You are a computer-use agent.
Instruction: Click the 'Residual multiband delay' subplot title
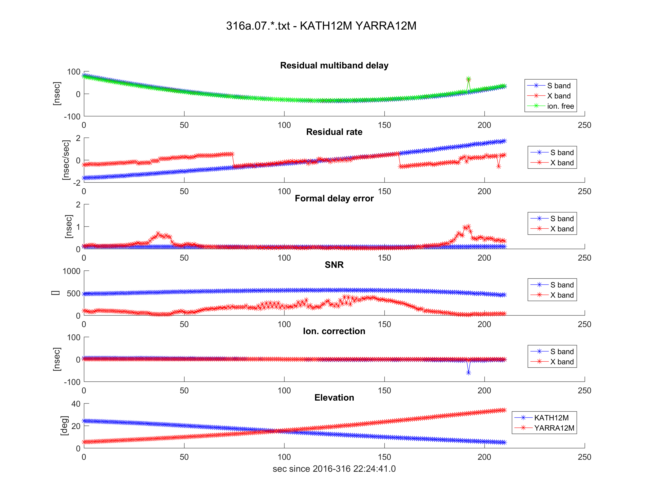click(334, 65)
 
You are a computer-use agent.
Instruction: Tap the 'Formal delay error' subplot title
click(334, 198)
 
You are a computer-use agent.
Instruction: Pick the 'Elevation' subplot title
click(334, 397)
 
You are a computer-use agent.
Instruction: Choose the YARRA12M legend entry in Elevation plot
click(554, 428)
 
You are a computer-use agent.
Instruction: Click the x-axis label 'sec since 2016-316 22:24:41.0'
click(334, 469)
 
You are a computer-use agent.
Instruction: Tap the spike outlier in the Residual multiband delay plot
click(468, 79)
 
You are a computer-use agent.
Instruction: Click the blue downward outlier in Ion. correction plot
click(468, 373)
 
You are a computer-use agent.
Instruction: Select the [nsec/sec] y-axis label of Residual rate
click(66, 160)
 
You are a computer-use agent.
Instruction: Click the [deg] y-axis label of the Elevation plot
click(64, 426)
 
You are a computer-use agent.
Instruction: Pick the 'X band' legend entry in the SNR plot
click(562, 295)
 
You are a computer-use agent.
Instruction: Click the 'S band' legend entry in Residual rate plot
click(562, 153)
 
